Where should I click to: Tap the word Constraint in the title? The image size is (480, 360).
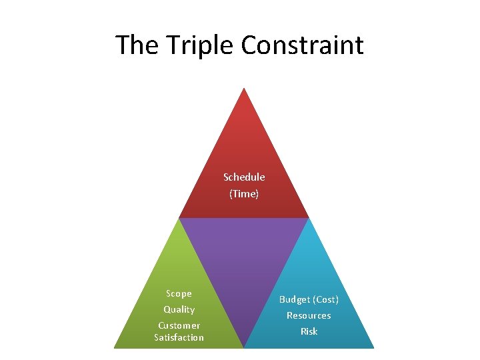[302, 45]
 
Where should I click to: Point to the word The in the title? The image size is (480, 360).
[136, 45]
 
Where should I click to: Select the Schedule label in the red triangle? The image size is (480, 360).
[244, 177]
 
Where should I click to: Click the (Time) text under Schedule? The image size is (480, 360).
[244, 193]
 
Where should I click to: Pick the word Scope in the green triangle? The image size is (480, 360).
[179, 294]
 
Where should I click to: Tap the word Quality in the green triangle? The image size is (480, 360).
[179, 309]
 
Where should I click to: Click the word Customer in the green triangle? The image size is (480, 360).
[179, 325]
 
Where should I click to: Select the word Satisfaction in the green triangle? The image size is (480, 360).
[179, 337]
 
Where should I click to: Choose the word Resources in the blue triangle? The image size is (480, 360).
[309, 315]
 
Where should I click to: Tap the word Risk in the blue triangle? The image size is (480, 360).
[309, 331]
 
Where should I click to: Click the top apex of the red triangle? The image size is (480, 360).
[245, 89]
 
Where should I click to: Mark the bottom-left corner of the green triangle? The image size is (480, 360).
[115, 347]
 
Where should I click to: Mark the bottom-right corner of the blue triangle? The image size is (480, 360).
[374, 347]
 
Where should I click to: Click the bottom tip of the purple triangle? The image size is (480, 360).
[244, 347]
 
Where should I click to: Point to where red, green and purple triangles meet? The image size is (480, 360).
[180, 218]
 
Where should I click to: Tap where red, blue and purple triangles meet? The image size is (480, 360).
[309, 218]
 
